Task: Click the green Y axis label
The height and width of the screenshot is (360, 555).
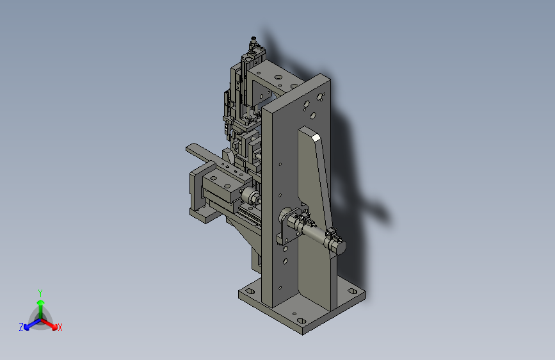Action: click(x=40, y=293)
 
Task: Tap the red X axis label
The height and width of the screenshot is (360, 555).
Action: click(x=60, y=327)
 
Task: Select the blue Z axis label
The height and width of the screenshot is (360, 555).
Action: click(x=21, y=327)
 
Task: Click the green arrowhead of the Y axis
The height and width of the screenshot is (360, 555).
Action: click(x=41, y=302)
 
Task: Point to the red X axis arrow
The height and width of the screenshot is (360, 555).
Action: click(x=49, y=323)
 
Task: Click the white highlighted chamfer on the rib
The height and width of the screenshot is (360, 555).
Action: click(x=316, y=138)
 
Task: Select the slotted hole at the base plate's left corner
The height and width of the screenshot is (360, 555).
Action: click(x=250, y=291)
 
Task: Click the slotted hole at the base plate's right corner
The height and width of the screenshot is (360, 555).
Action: click(x=353, y=291)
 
